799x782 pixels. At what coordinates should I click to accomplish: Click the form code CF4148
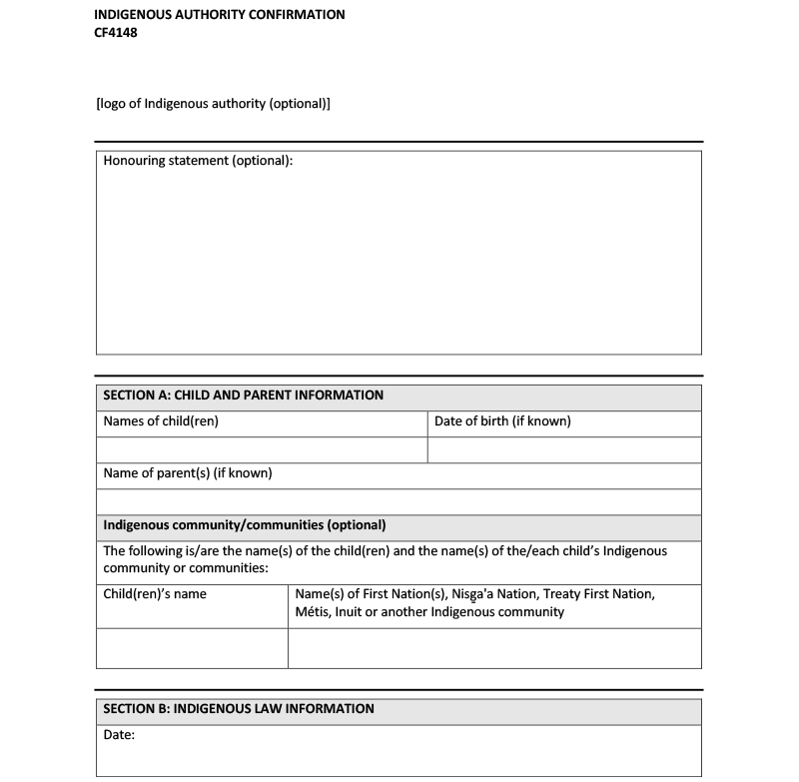tap(115, 32)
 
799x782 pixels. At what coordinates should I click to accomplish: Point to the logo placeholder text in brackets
tap(213, 103)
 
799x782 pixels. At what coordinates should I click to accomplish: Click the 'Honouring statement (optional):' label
tap(198, 161)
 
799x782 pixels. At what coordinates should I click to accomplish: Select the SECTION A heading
tap(243, 395)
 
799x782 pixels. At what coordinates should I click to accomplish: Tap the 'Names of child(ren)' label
tap(161, 421)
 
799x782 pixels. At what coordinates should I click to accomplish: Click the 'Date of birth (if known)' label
tap(502, 421)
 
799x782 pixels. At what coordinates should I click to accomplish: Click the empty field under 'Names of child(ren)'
tap(262, 450)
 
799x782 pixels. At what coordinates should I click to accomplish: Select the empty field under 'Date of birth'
tap(564, 450)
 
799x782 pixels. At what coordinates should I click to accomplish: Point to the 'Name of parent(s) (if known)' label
tap(188, 473)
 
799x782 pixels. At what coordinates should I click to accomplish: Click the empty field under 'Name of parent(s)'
tap(399, 501)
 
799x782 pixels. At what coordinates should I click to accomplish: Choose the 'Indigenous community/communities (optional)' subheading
tap(245, 525)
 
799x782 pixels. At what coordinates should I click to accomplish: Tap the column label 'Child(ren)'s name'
tap(155, 594)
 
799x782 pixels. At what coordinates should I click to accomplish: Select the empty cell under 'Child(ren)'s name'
tap(192, 648)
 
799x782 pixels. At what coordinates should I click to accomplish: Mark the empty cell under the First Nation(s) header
tap(494, 648)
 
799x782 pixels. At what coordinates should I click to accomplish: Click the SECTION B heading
tap(239, 709)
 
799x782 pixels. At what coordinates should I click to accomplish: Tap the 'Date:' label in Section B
tap(119, 736)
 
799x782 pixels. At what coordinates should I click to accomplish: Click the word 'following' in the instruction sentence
tap(160, 551)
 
